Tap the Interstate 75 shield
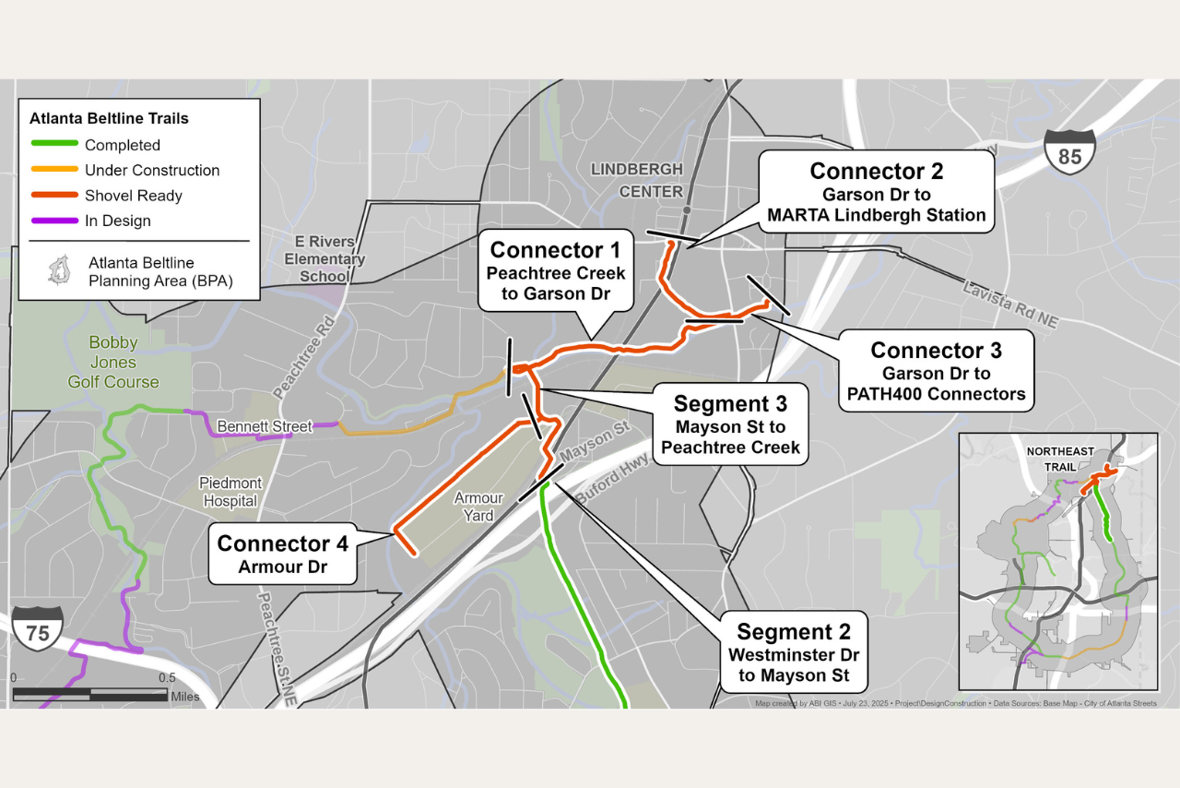point(38,629)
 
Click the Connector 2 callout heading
point(876,171)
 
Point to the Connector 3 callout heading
point(936,351)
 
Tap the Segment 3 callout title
point(729,403)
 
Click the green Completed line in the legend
point(53,145)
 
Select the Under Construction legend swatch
point(53,170)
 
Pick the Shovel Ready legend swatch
point(53,196)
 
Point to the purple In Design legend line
point(53,221)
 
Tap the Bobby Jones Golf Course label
point(113,362)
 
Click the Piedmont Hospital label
point(230,492)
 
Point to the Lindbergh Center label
point(636,180)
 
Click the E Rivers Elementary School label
point(324,259)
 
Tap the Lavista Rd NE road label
point(1011,304)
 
